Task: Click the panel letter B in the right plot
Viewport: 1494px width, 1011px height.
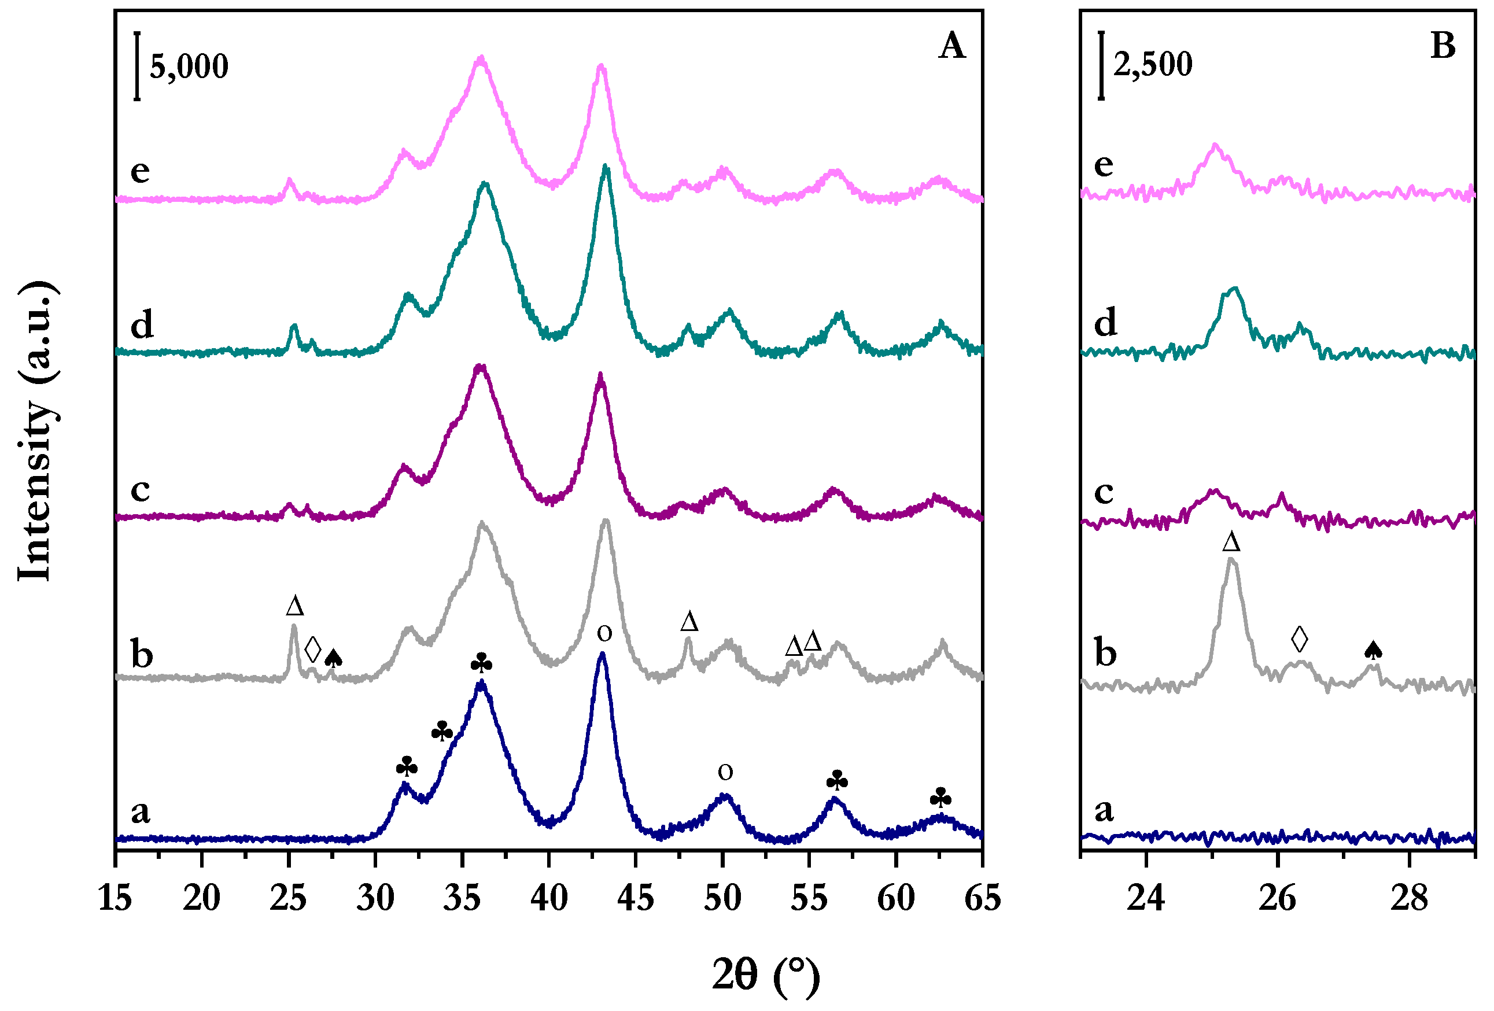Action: tap(1443, 46)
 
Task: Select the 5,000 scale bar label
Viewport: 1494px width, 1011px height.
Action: tap(189, 67)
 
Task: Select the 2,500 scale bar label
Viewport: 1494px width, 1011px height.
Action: tap(1153, 64)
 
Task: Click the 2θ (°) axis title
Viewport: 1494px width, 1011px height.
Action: tap(766, 976)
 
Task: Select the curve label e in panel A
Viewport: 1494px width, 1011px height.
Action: tap(140, 171)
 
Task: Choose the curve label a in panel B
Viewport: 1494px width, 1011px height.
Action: tap(1104, 810)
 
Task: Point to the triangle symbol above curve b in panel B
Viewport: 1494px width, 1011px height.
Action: tap(1231, 542)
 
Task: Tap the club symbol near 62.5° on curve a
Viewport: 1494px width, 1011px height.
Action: tap(940, 798)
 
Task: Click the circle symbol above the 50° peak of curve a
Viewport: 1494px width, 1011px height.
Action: tap(725, 772)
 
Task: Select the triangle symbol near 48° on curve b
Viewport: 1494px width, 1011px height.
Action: tap(688, 622)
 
